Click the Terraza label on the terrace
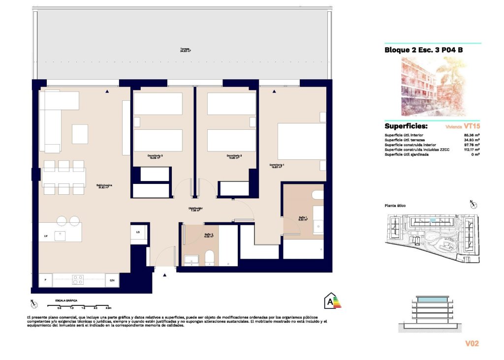pos(185,50)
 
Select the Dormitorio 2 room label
pos(234,157)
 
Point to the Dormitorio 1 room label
pos(277,166)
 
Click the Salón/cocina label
pos(106,186)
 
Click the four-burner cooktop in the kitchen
pos(78,280)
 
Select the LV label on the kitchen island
pos(46,236)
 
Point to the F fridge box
pos(45,280)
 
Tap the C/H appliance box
pos(112,280)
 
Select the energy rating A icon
pos(330,300)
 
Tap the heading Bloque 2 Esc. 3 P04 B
pos(423,50)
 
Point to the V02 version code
pos(472,343)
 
